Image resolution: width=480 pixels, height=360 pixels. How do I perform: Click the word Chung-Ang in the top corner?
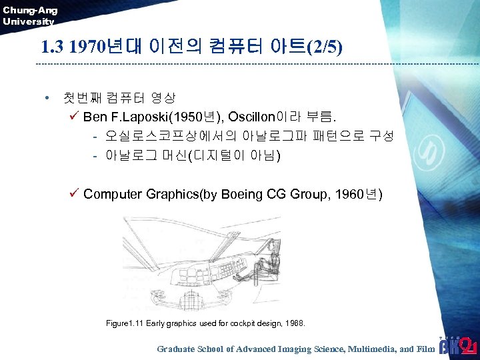pos(30,10)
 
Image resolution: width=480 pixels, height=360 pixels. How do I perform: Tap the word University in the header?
pos(28,21)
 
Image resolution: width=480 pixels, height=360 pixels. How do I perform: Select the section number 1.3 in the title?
pos(53,47)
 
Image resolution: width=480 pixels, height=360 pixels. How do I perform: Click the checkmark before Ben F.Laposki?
pos(74,117)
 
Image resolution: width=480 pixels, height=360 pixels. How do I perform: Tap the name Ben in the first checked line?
pos(95,117)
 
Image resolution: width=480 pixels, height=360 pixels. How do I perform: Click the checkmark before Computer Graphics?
pos(74,194)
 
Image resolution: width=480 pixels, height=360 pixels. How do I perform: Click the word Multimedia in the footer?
pos(374,349)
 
